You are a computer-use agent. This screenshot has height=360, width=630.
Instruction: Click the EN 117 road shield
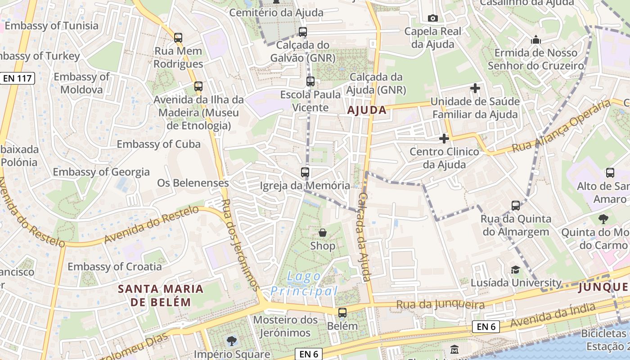18,78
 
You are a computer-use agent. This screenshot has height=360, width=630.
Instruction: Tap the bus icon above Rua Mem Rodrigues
178,37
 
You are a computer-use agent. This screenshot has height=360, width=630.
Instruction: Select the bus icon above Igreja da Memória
305,172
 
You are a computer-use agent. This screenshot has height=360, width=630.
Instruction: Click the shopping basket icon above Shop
323,233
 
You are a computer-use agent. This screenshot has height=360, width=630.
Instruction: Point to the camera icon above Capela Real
433,18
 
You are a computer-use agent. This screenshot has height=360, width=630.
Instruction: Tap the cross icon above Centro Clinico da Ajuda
444,138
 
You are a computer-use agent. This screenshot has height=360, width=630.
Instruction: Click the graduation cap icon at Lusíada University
515,270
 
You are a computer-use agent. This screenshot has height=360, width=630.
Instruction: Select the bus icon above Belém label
342,312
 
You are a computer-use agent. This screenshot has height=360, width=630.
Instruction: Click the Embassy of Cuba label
158,144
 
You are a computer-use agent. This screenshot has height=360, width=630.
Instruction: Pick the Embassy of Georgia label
101,172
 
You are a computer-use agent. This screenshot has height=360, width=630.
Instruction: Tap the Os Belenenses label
193,183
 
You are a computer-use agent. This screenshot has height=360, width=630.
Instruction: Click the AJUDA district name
367,110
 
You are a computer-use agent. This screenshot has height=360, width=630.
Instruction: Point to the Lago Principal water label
304,283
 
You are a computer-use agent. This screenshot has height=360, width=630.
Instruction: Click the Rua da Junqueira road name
440,305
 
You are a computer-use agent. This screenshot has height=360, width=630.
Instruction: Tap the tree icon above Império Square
232,341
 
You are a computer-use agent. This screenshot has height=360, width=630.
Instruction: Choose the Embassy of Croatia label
115,266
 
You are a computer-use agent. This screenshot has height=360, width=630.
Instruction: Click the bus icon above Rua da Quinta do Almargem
516,206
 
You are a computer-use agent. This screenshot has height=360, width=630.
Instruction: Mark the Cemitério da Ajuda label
276,13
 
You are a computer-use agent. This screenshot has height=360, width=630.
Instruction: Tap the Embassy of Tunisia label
51,26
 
